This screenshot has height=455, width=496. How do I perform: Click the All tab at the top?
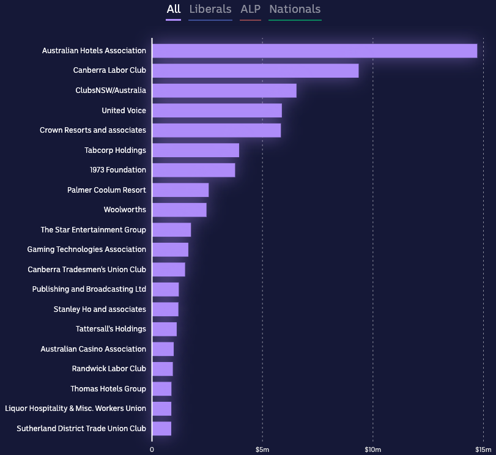click(x=174, y=9)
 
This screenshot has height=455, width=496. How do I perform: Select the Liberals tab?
click(x=210, y=9)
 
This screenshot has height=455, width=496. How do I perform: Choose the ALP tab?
click(x=250, y=9)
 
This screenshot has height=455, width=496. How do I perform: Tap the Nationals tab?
click(x=295, y=9)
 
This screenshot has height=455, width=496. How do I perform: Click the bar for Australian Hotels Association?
click(x=314, y=51)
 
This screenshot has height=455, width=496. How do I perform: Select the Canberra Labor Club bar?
click(x=255, y=70)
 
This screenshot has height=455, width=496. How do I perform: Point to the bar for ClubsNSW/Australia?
click(x=224, y=91)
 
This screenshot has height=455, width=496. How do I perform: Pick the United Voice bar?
click(x=217, y=111)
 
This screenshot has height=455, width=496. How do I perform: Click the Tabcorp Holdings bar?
click(x=195, y=150)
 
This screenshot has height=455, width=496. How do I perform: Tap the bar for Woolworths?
click(x=179, y=210)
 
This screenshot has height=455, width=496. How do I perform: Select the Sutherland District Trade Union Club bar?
click(x=161, y=429)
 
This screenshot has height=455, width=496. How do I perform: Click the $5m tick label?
click(x=262, y=450)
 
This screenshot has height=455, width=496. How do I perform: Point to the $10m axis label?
click(x=372, y=450)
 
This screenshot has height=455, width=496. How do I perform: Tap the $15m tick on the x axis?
click(x=483, y=450)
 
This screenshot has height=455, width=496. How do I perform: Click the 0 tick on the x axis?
click(x=152, y=450)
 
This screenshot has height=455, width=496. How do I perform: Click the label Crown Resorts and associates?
click(x=93, y=130)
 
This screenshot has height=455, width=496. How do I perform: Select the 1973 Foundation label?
click(x=118, y=170)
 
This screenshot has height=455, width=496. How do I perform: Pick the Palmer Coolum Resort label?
click(x=106, y=190)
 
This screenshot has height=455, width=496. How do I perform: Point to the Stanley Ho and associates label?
click(x=100, y=309)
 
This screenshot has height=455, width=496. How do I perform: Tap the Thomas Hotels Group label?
click(x=108, y=389)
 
